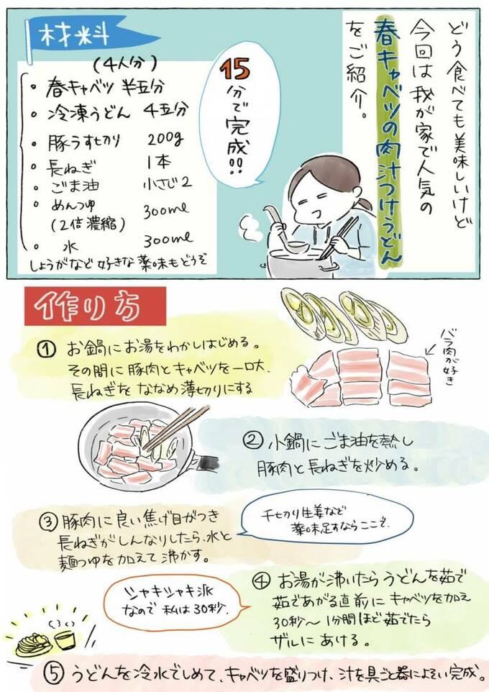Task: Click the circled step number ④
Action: (260, 579)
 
